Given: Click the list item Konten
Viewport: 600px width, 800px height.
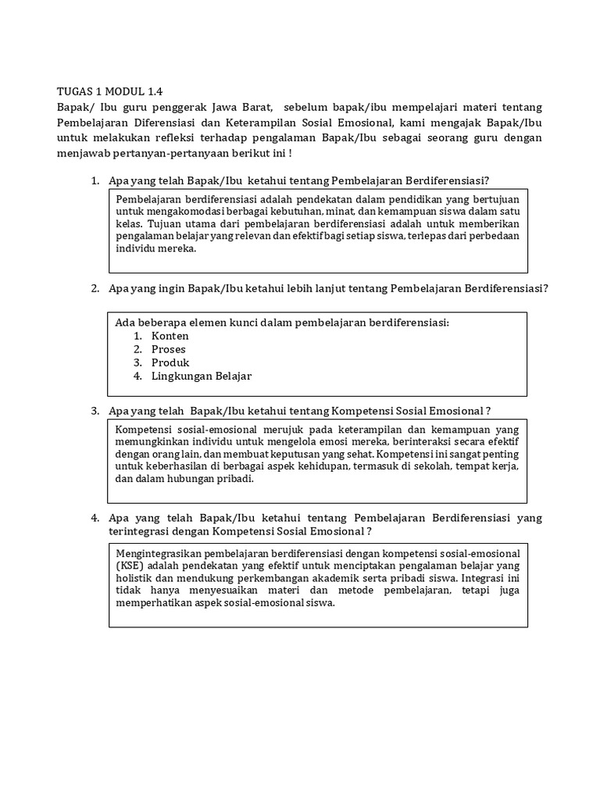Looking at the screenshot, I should click(170, 336).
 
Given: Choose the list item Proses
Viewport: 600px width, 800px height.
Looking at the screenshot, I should click(169, 349).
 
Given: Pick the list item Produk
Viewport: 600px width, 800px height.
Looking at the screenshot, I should click(170, 362).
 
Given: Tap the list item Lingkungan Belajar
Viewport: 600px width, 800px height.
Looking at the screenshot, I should click(202, 376).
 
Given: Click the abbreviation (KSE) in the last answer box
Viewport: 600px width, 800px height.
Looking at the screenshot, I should click(130, 566).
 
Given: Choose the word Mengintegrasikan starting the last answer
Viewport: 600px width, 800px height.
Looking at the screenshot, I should click(153, 553).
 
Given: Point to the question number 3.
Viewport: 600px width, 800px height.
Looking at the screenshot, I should click(94, 411).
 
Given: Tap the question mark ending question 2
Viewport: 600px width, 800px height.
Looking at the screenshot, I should click(545, 288).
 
